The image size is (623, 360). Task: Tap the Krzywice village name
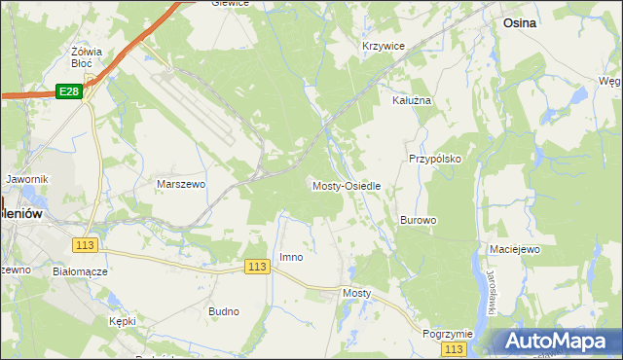tap(383, 46)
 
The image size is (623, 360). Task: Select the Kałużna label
tap(411, 100)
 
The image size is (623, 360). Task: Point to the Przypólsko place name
tap(434, 158)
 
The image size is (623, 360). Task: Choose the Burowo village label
tap(418, 220)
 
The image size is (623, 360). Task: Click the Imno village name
tap(291, 257)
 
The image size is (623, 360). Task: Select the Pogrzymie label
tap(448, 333)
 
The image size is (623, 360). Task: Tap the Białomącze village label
tap(80, 271)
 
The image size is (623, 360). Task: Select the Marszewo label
tap(180, 183)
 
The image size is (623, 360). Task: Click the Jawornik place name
tap(26, 179)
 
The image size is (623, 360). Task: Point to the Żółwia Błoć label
tap(88, 56)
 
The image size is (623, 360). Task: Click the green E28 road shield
tap(68, 91)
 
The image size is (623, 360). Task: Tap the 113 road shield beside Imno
tap(257, 267)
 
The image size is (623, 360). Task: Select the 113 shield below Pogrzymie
tap(453, 348)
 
